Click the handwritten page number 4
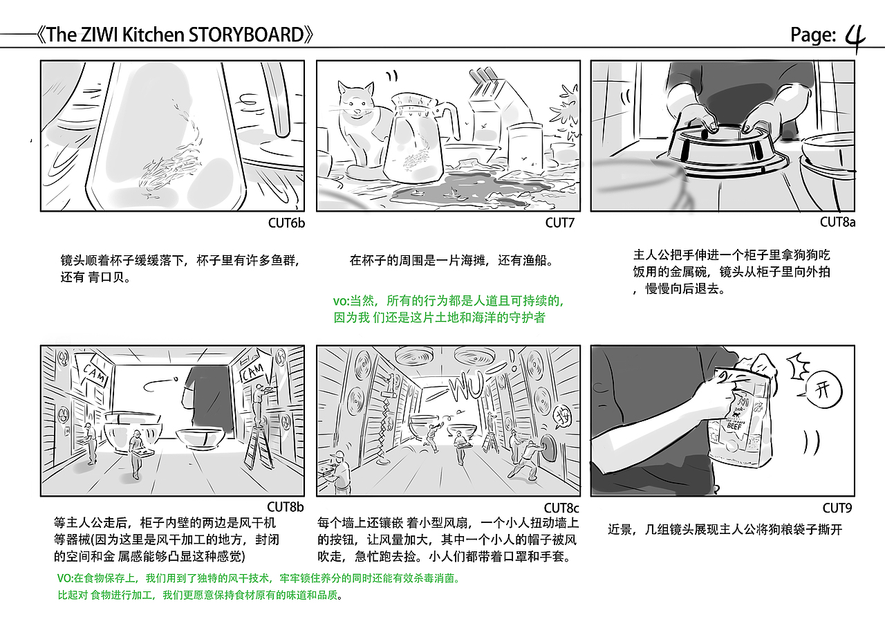(856, 36)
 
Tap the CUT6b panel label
(286, 223)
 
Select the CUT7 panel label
(560, 223)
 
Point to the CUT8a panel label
(837, 222)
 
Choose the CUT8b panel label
(286, 508)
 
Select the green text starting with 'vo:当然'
(449, 309)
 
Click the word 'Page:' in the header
(813, 35)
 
